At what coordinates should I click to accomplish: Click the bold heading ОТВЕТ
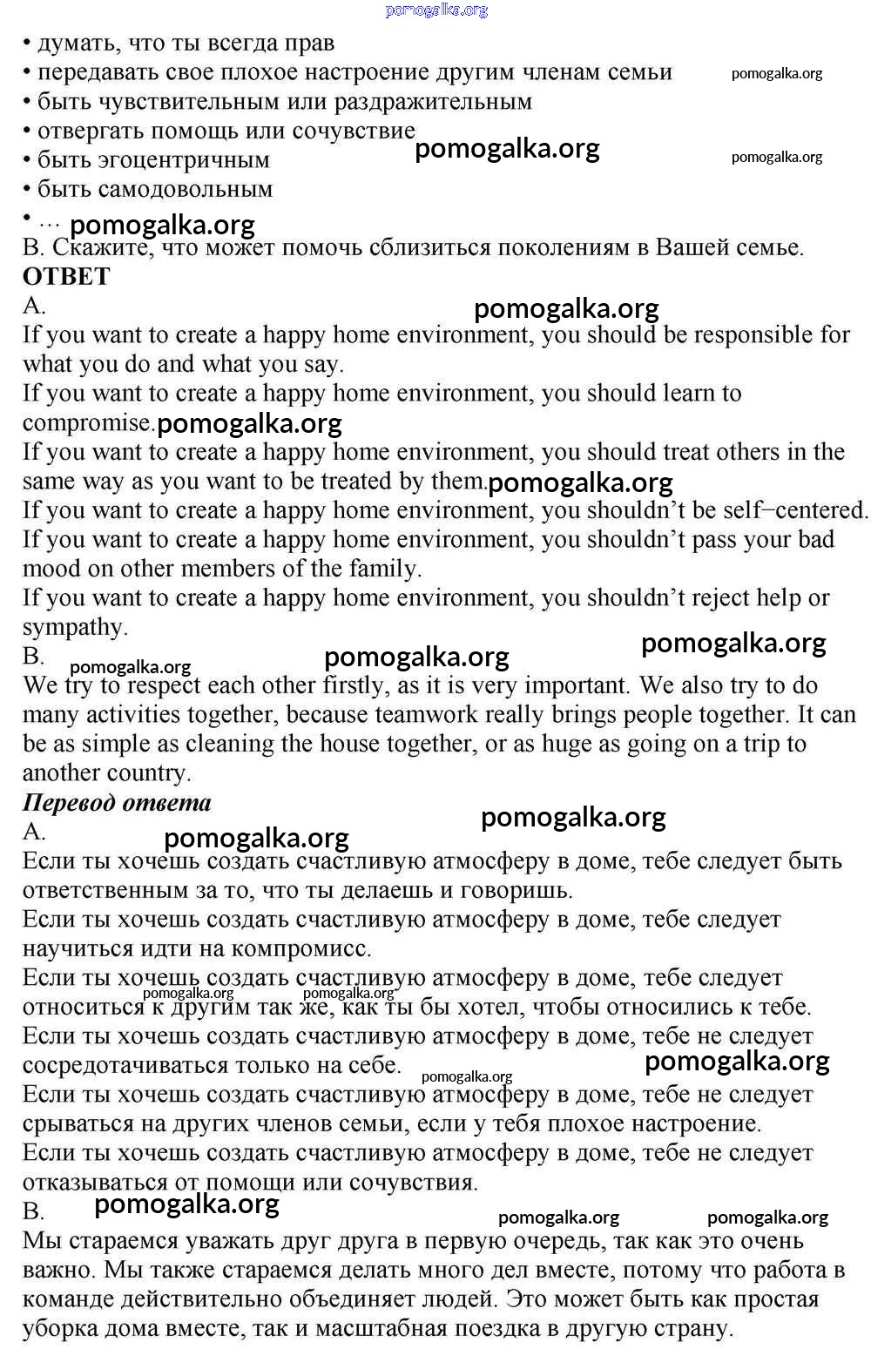[66, 277]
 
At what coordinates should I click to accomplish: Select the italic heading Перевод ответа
[117, 802]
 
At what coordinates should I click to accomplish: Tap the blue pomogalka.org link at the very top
[436, 10]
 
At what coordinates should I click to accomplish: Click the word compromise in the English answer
[87, 423]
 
